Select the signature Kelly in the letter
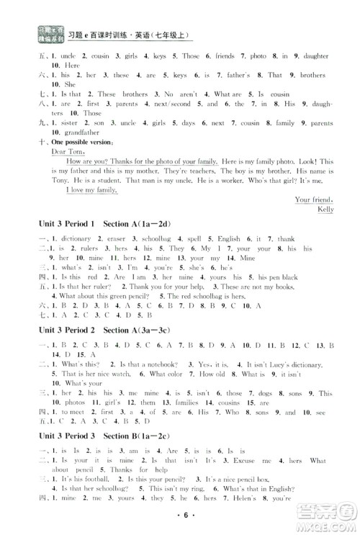(x=326, y=210)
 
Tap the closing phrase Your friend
(x=314, y=199)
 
